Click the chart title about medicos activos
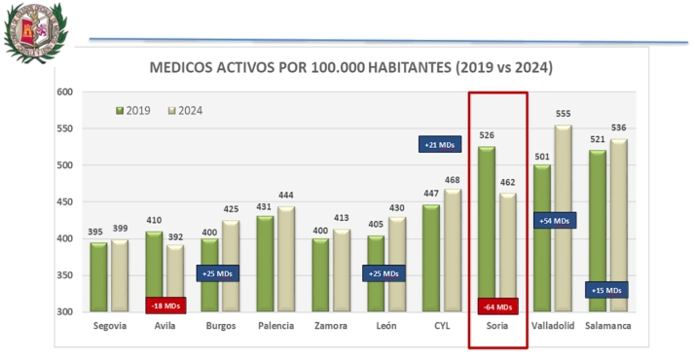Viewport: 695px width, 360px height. [x=350, y=69]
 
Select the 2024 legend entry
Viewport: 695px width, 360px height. [x=191, y=110]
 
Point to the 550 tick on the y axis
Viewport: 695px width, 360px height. [x=64, y=128]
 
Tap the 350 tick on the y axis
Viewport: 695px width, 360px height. [x=64, y=275]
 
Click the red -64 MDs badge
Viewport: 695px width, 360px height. [x=497, y=306]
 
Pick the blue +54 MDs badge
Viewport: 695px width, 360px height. [x=555, y=221]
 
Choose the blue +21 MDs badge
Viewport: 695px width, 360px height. [x=440, y=145]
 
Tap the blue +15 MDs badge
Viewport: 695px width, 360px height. [x=606, y=290]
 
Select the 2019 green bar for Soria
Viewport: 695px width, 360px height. [x=486, y=229]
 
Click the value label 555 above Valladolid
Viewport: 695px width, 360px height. [x=564, y=114]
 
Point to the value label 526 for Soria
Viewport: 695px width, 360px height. [x=486, y=135]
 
